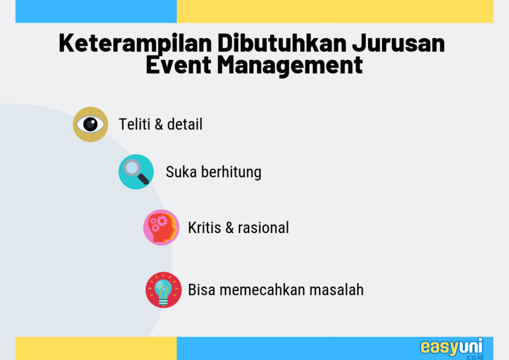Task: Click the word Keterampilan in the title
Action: tap(135, 43)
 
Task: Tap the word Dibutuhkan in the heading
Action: tap(282, 43)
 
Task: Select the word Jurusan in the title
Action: tap(398, 43)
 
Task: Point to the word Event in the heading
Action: tap(178, 65)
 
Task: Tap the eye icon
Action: tap(91, 124)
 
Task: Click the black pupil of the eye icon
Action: tap(90, 124)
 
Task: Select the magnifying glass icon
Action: tap(136, 172)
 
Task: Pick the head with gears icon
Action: tap(161, 227)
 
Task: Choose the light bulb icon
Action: tap(163, 289)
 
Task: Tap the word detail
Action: tap(185, 124)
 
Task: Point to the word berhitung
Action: tap(231, 172)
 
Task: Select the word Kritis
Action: tap(204, 228)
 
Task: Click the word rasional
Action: tap(263, 228)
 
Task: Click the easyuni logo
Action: tap(452, 349)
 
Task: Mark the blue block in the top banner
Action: tap(96, 11)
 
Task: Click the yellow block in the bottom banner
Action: tap(96, 349)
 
